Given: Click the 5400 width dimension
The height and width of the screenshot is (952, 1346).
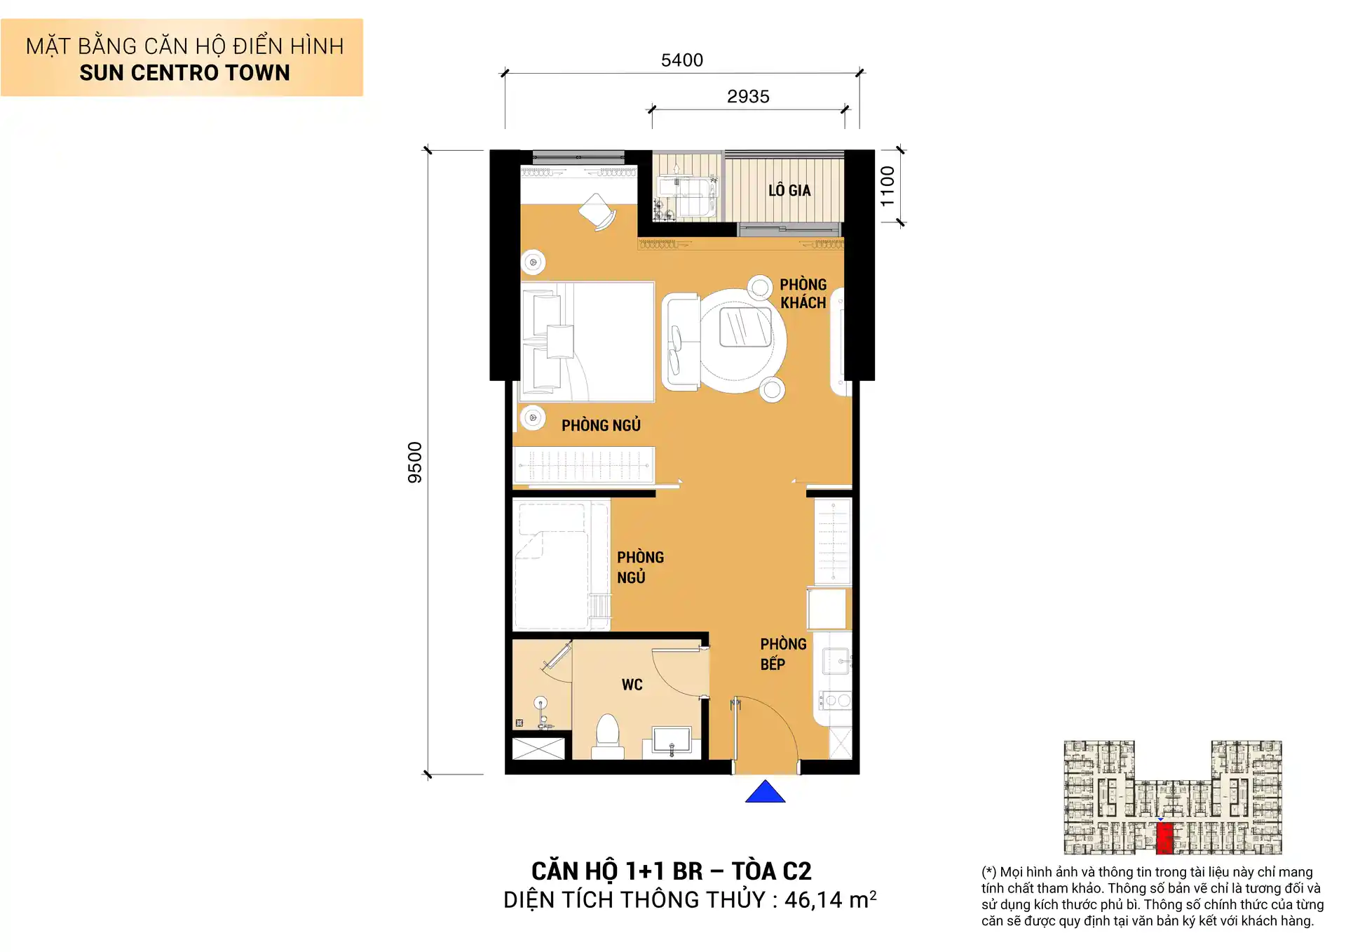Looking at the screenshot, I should (681, 60).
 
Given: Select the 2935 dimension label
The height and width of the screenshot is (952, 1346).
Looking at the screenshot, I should (747, 97).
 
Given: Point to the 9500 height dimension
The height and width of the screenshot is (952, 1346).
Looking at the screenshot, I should (415, 462).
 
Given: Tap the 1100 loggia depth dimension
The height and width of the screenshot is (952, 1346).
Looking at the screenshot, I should (888, 186).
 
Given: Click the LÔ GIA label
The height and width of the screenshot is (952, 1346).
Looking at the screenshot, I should (789, 190).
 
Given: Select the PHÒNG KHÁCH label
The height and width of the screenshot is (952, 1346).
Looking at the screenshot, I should (803, 293).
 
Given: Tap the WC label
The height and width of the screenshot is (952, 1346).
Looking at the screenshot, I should (632, 685).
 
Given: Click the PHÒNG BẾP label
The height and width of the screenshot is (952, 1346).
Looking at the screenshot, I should (782, 654).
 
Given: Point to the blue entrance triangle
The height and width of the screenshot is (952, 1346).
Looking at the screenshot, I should (765, 793).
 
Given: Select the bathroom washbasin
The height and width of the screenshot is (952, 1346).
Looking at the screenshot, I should (672, 741).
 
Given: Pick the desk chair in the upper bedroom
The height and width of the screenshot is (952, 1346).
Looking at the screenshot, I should (597, 210).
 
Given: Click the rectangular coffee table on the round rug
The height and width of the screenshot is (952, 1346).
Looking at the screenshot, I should (745, 327).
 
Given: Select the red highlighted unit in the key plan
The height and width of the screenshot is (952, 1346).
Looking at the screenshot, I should (1164, 838).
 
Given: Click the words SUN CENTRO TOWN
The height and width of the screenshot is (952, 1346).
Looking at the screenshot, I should (184, 73).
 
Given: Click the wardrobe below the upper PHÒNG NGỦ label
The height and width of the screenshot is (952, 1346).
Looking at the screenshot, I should (583, 464).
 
